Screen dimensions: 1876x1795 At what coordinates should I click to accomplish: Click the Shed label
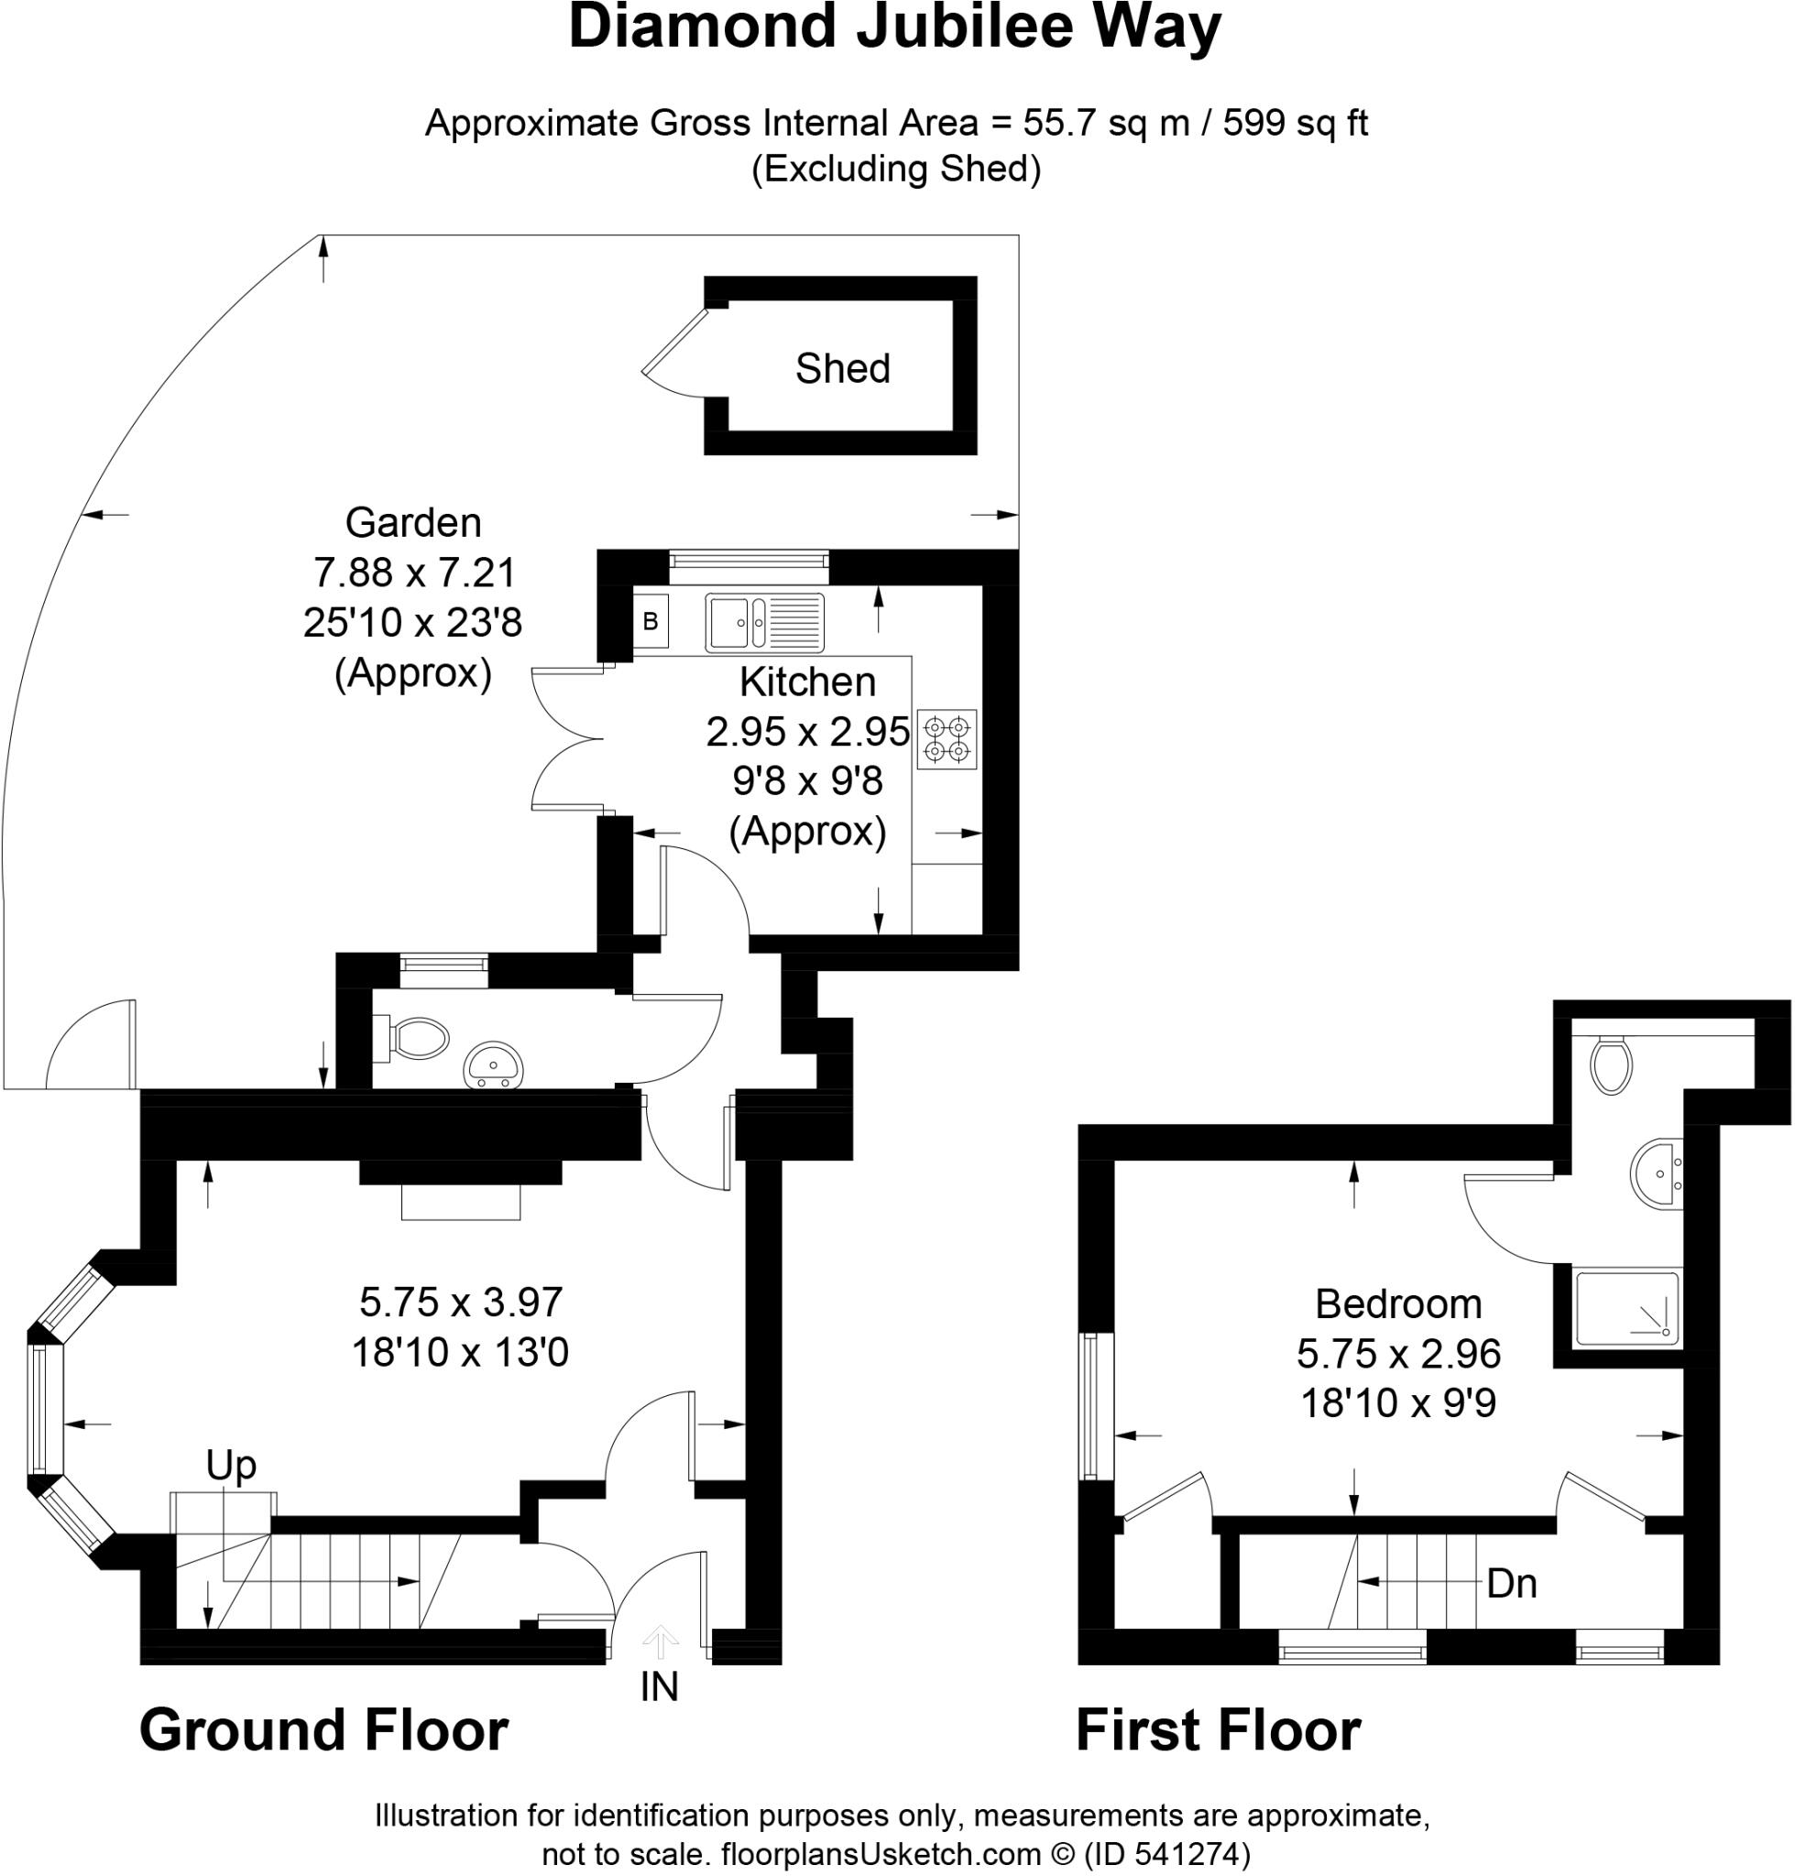842,368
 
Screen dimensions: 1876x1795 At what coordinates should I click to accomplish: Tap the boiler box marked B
651,621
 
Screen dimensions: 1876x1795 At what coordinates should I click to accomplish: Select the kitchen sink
763,622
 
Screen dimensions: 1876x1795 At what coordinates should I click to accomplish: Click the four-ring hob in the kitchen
947,738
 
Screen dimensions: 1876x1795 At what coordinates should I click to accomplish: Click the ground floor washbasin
494,1064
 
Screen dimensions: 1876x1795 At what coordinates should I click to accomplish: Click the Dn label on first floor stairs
1511,1583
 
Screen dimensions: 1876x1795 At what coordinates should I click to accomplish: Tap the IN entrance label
659,1686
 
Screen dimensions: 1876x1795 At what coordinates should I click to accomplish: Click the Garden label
412,522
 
